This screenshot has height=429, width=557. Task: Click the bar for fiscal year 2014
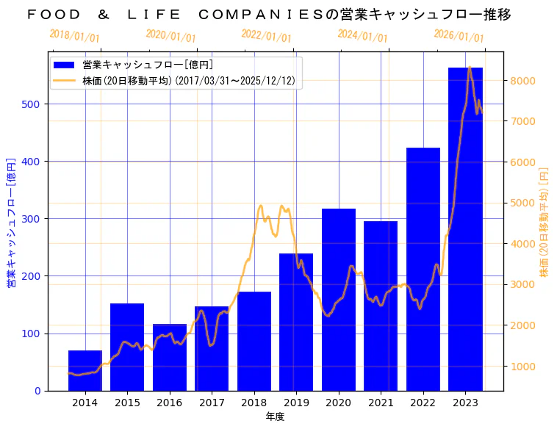point(85,370)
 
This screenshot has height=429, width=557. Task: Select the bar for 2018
point(254,341)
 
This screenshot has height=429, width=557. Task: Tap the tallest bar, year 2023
point(465,228)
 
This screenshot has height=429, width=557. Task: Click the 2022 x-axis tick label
point(423,403)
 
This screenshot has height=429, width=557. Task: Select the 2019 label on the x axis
point(296,403)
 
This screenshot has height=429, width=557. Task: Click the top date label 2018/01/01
point(75,36)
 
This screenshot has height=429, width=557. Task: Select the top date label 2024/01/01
point(362,36)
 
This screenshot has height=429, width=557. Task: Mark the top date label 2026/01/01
point(459,36)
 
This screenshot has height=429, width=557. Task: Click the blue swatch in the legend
point(65,65)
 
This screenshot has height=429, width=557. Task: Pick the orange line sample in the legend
point(65,81)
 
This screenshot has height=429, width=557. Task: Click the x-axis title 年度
point(276,417)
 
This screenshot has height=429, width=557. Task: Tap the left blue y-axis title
point(12,221)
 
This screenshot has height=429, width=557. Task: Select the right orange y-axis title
point(545,221)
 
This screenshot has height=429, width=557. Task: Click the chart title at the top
point(269,15)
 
